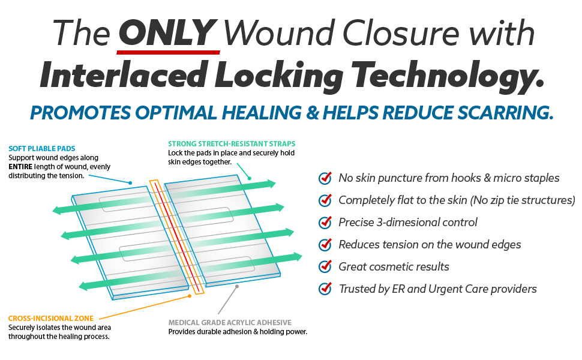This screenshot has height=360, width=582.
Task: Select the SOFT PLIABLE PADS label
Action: (x=41, y=149)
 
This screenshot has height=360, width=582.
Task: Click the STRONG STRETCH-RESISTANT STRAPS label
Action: (x=232, y=144)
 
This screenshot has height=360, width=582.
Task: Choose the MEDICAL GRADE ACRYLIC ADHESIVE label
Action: (x=230, y=322)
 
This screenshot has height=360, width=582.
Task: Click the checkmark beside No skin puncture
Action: (x=325, y=178)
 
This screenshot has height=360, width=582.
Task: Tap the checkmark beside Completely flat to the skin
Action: (x=325, y=200)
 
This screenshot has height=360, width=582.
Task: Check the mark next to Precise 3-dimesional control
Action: (x=325, y=222)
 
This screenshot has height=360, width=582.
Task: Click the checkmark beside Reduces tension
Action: (x=325, y=244)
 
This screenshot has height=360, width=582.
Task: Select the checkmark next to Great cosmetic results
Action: (x=325, y=266)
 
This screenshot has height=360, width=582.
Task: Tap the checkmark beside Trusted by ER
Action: (x=325, y=289)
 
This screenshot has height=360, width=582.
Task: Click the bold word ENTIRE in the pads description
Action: (x=21, y=166)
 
